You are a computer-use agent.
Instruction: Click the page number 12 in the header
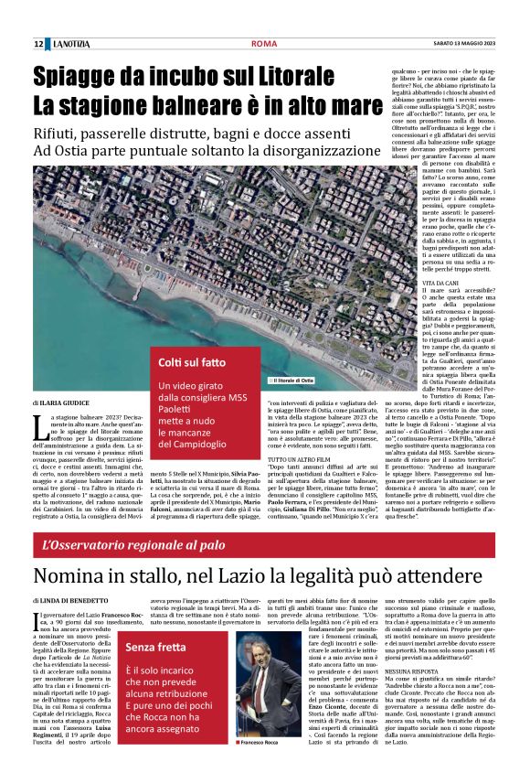38,43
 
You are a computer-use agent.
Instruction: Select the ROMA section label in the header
265,43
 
